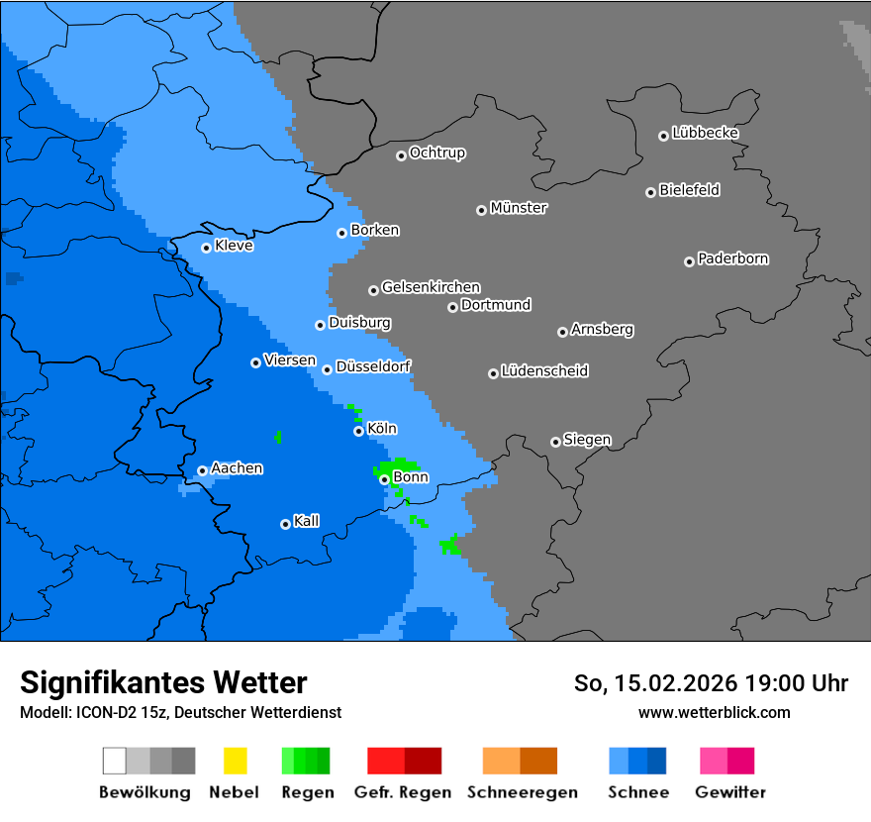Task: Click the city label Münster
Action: click(x=519, y=208)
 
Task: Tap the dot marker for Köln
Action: click(x=358, y=431)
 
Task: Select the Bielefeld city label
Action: click(x=689, y=190)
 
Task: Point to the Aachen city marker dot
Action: click(x=202, y=470)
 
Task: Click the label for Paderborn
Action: click(x=732, y=258)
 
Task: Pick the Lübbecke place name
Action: click(x=705, y=133)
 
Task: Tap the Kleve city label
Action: click(x=234, y=246)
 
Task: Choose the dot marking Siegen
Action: click(x=555, y=442)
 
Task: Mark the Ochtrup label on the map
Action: click(x=437, y=153)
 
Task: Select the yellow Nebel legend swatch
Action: click(x=235, y=761)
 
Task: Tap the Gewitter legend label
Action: click(x=729, y=792)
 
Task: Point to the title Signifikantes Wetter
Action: click(x=163, y=682)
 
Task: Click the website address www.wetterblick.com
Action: click(x=714, y=712)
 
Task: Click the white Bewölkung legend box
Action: click(x=114, y=761)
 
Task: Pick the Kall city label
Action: click(x=307, y=521)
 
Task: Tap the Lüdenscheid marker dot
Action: click(x=493, y=373)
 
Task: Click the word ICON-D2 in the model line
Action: click(x=104, y=712)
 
